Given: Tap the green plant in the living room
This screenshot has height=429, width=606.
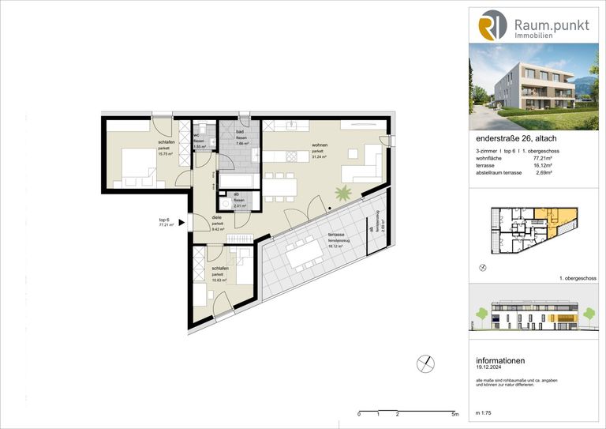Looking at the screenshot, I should (344, 192).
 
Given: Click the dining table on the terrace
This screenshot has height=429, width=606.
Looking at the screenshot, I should (305, 253).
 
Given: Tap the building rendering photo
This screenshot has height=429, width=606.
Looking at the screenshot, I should (534, 87).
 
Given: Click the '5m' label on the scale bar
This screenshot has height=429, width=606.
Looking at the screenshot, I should (455, 413).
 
